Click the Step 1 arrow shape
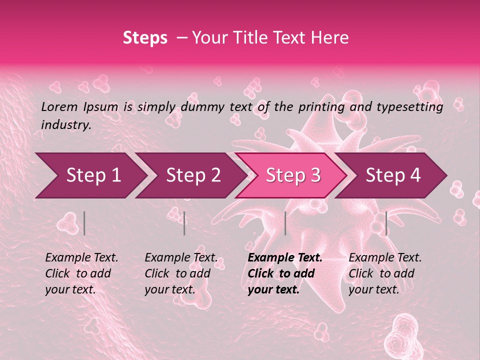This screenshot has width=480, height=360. (x=90, y=175)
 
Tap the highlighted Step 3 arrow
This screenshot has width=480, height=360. (x=292, y=175)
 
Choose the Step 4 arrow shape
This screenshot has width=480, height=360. (x=393, y=175)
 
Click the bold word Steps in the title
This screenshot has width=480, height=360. (x=145, y=37)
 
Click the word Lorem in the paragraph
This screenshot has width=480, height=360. (x=59, y=106)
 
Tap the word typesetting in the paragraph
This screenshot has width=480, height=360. (x=409, y=106)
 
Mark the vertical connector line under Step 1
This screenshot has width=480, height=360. (x=84, y=223)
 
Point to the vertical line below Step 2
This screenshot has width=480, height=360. (x=184, y=223)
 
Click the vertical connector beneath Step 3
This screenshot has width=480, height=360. (x=285, y=223)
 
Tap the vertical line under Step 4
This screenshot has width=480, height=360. (x=386, y=223)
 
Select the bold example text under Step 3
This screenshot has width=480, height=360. (x=285, y=273)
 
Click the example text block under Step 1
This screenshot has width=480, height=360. (x=81, y=273)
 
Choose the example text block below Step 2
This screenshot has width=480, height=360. (x=181, y=273)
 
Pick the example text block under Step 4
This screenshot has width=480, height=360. (x=385, y=273)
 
